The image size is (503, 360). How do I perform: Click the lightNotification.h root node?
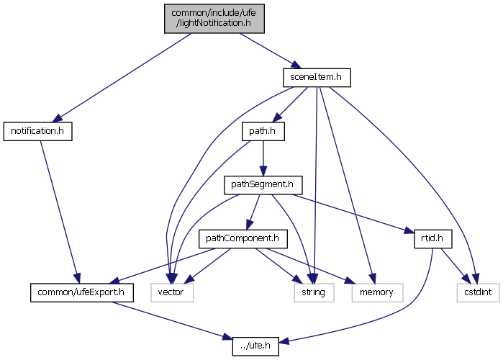tap(214, 17)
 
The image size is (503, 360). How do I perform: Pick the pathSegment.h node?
tap(260, 184)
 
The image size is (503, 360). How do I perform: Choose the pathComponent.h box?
tap(243, 238)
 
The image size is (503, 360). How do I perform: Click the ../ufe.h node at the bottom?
tap(251, 345)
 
